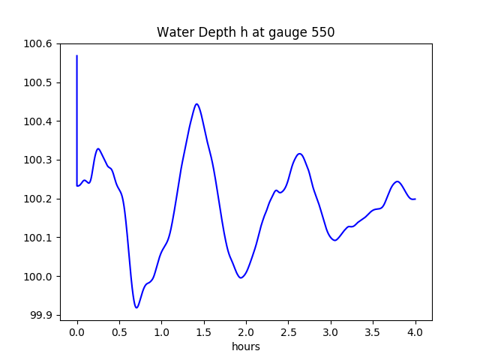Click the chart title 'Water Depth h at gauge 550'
245,33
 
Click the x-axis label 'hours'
245,347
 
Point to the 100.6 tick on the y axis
37,43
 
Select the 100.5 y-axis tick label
37,82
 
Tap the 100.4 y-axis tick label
37,121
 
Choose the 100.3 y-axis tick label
37,160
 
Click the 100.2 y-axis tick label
37,199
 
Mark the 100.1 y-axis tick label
37,238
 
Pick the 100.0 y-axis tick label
37,277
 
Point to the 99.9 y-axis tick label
40,316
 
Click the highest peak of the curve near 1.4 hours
196,104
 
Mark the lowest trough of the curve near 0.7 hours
136,307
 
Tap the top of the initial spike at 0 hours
77,55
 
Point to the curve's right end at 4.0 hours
415,199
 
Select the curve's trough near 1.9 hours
241,278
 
